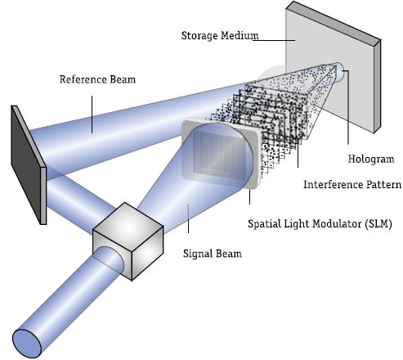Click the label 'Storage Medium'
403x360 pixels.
(x=220, y=36)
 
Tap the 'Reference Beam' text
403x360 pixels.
(x=97, y=79)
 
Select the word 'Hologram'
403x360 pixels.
(x=371, y=159)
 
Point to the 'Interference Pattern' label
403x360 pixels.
(x=352, y=185)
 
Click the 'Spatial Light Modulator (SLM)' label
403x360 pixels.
(x=320, y=224)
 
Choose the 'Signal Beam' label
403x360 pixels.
(x=213, y=254)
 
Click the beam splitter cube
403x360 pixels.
(x=128, y=241)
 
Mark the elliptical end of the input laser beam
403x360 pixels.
(x=27, y=344)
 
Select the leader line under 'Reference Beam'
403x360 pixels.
(x=92, y=115)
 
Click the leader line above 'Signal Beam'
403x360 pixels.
(x=188, y=218)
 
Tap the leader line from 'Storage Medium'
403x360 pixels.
(x=274, y=40)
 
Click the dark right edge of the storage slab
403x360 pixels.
(x=378, y=87)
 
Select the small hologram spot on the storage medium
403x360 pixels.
(x=341, y=72)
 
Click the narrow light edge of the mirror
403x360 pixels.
(x=43, y=196)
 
